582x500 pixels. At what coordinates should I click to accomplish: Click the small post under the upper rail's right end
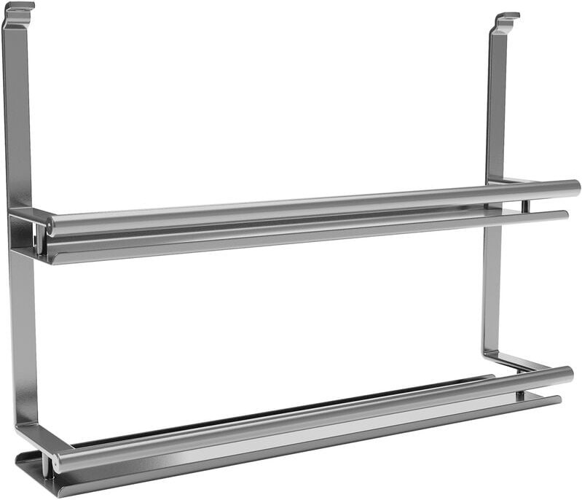524,206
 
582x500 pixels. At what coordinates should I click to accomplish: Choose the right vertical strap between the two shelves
492,292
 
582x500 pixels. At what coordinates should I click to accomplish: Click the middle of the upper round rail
313,206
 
